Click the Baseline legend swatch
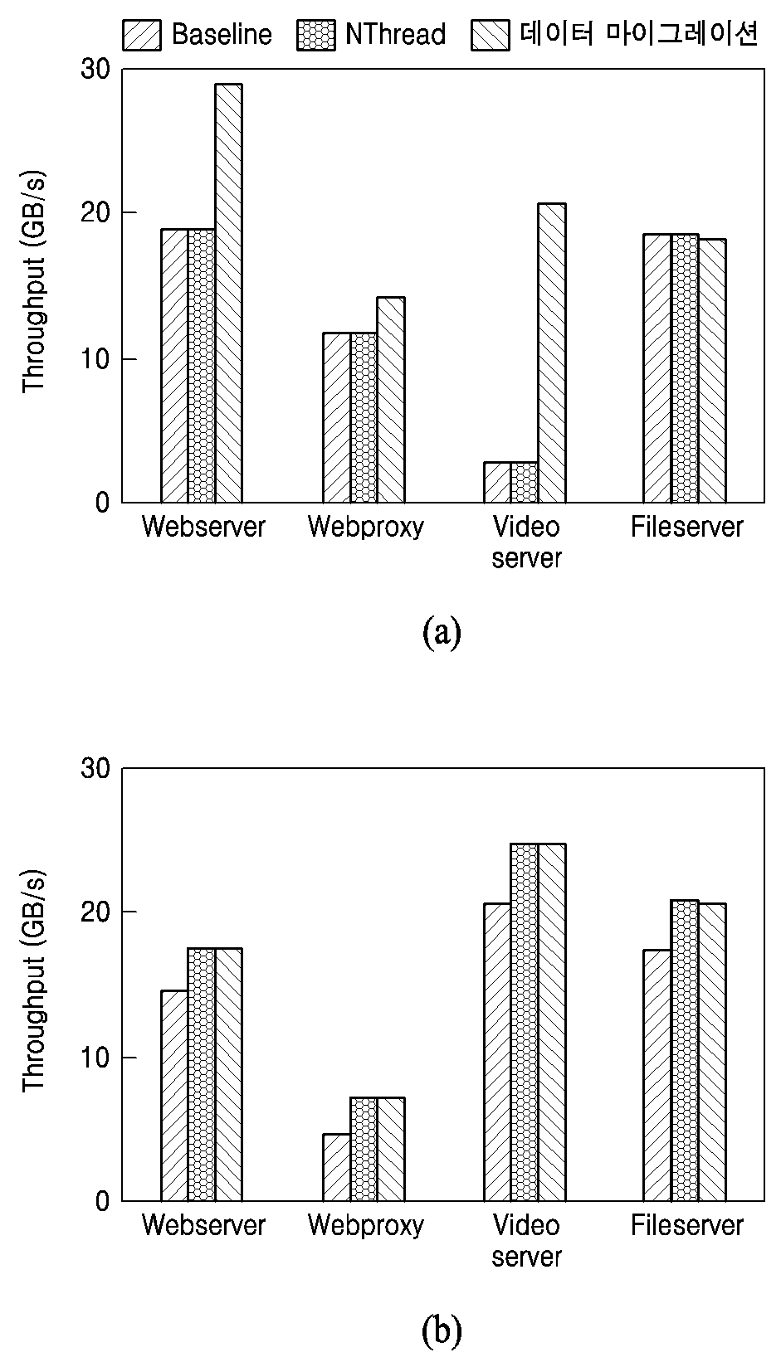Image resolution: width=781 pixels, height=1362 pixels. tap(142, 35)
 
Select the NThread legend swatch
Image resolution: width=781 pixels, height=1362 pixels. tap(315, 35)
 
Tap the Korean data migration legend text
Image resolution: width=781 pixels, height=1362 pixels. tap(639, 34)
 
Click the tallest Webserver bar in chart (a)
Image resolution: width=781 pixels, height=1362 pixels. tap(229, 293)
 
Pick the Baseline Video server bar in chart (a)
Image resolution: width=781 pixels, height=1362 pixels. tap(497, 482)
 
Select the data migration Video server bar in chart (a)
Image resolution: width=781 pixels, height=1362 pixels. tap(552, 353)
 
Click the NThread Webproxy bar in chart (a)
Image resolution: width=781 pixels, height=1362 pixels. tap(364, 418)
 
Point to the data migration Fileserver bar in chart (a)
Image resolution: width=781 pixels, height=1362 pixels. tap(711, 371)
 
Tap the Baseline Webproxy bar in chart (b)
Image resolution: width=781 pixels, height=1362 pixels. tap(336, 1167)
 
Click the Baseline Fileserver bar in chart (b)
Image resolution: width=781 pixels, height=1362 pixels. tap(657, 1076)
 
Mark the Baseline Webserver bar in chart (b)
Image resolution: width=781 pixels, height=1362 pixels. tap(174, 1096)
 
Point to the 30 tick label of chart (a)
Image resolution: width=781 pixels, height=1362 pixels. tap(95, 70)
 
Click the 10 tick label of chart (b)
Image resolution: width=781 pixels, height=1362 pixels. tap(95, 1058)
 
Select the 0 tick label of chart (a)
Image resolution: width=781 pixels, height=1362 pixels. tap(103, 503)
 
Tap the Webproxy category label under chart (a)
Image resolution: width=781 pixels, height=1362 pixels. tap(365, 527)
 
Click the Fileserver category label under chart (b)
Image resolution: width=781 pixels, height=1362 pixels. tap(686, 1225)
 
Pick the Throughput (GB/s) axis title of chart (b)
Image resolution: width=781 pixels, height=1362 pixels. tap(34, 980)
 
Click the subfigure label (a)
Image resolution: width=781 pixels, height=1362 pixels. tap(442, 632)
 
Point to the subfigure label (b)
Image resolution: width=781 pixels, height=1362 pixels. tap(442, 1331)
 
